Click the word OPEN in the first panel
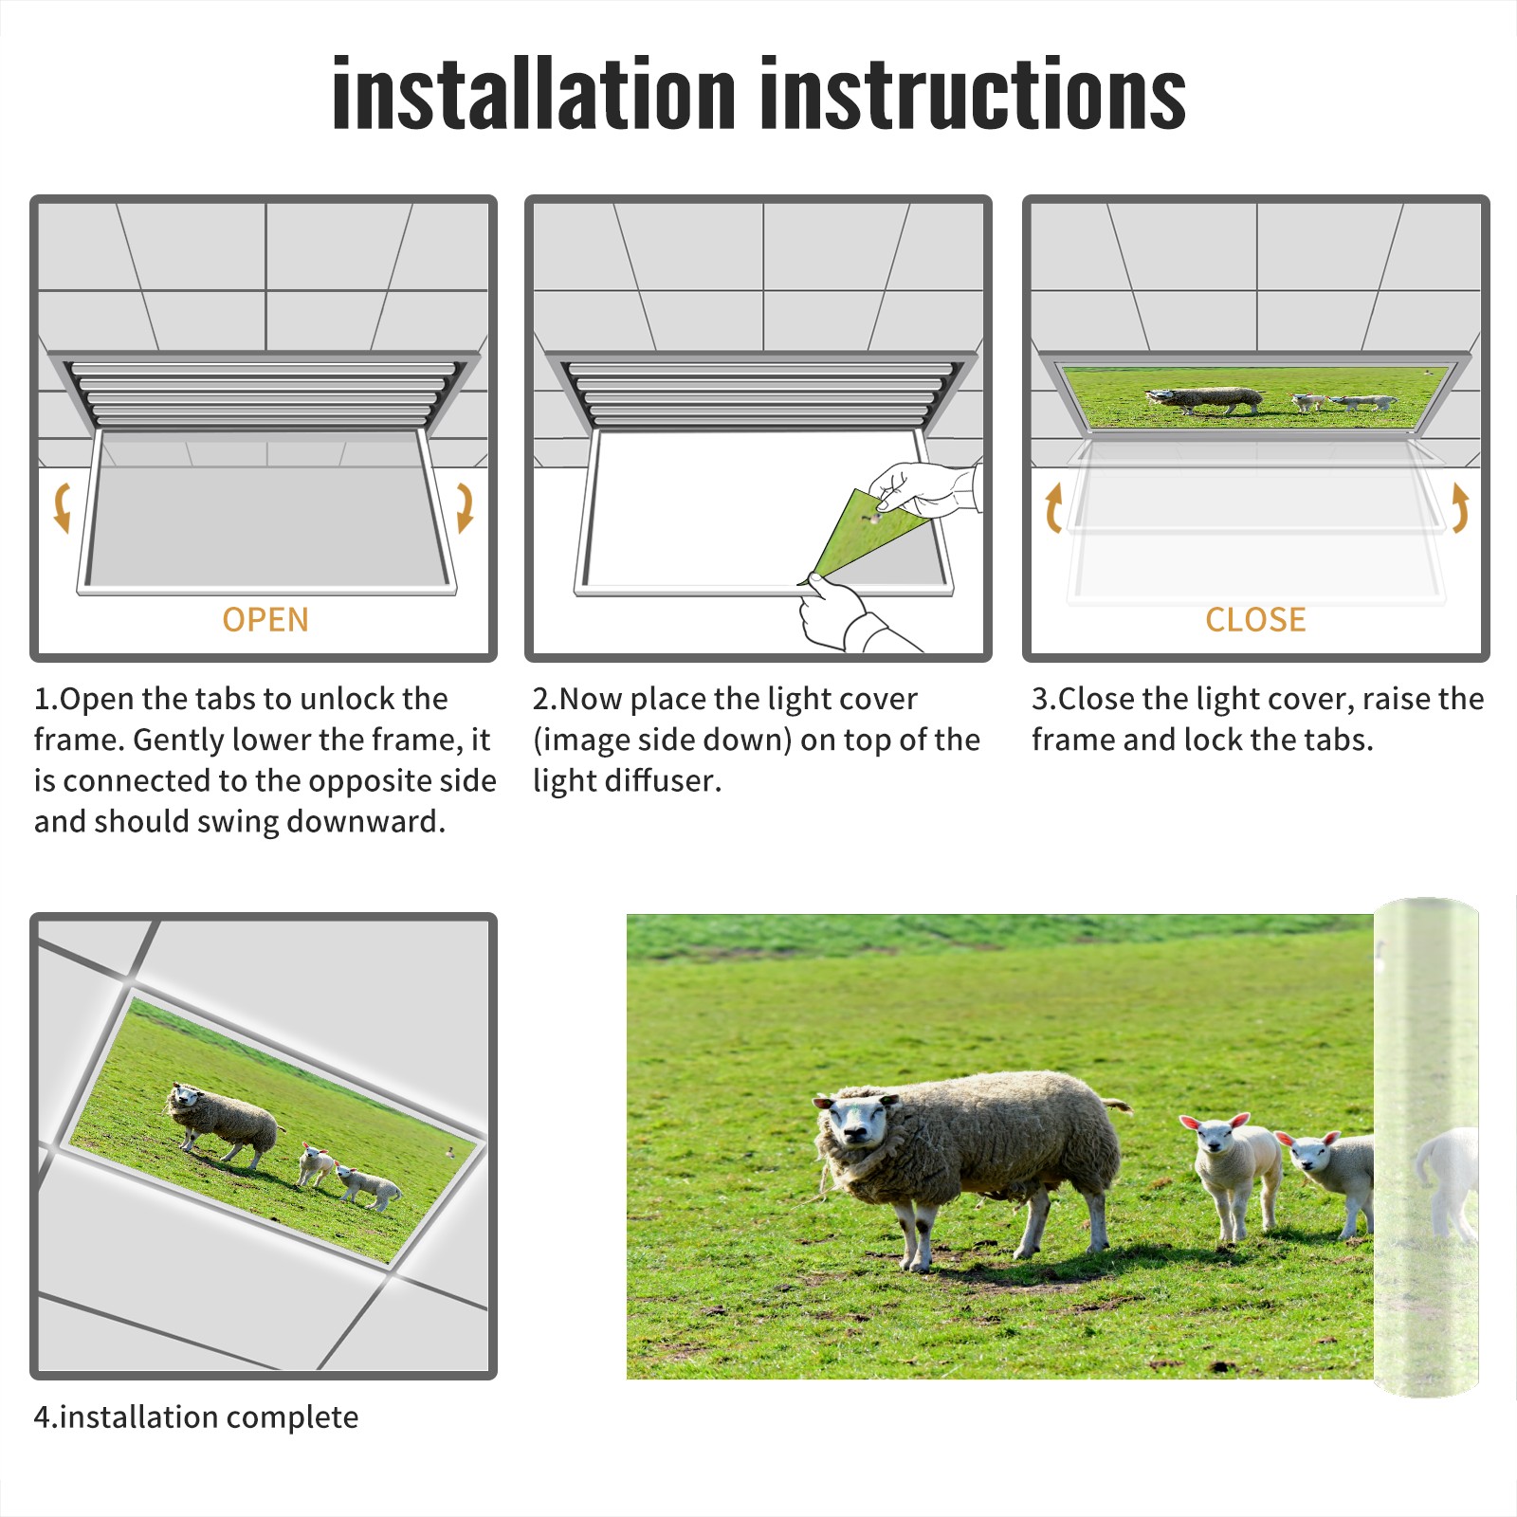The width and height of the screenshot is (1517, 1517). pyautogui.click(x=265, y=620)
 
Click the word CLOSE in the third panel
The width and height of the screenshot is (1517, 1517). pyautogui.click(x=1255, y=620)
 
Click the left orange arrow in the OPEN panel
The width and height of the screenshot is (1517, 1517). pyautogui.click(x=62, y=507)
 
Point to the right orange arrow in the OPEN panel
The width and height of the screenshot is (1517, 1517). pyautogui.click(x=465, y=507)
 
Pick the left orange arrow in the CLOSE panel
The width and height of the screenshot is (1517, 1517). pyautogui.click(x=1053, y=507)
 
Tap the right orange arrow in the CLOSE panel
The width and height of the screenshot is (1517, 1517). pyautogui.click(x=1460, y=507)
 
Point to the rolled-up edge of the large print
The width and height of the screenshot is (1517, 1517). pyautogui.click(x=1426, y=1147)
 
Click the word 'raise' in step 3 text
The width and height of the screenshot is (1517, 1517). pyautogui.click(x=1397, y=699)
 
